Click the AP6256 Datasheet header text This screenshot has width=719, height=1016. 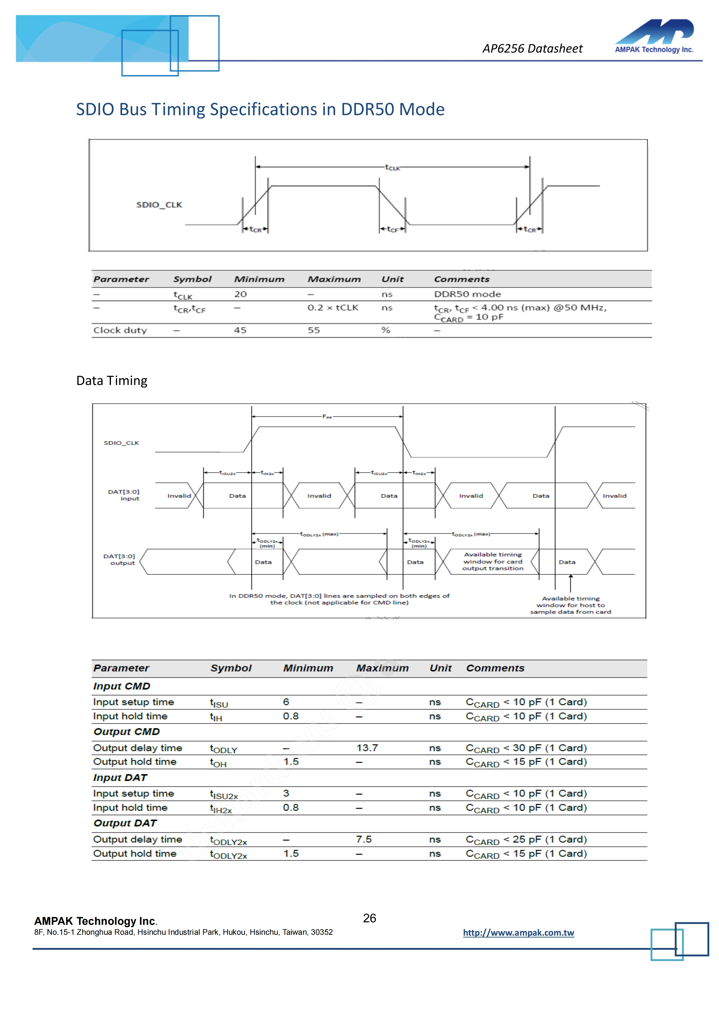pos(532,49)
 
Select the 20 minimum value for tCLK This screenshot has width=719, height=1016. pos(240,294)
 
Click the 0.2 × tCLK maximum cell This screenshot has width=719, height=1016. pos(333,308)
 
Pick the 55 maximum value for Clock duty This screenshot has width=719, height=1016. pos(314,330)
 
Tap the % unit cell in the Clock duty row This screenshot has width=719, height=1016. pos(386,330)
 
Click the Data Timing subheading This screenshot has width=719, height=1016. pos(112,381)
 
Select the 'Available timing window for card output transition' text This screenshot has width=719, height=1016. pos(493,562)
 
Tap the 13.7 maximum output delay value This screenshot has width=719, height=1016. pos(367,748)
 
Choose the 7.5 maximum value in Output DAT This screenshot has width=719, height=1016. pos(364,840)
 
